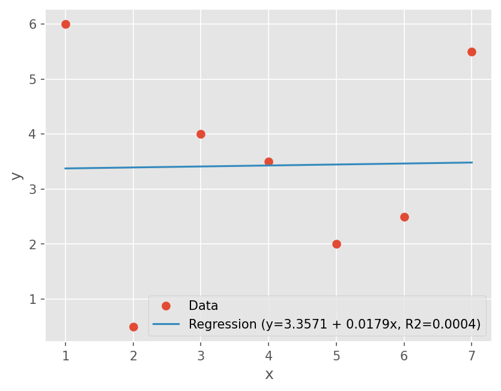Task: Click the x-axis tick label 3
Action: click(201, 356)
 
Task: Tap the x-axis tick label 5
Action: click(336, 356)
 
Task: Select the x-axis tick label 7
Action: click(472, 356)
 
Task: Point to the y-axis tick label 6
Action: click(33, 25)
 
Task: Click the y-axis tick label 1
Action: click(33, 300)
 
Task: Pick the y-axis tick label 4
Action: click(33, 135)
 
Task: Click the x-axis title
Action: click(269, 375)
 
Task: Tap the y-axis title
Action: click(16, 176)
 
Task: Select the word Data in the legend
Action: click(203, 306)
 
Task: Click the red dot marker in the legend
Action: click(166, 306)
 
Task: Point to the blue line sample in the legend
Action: click(166, 324)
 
